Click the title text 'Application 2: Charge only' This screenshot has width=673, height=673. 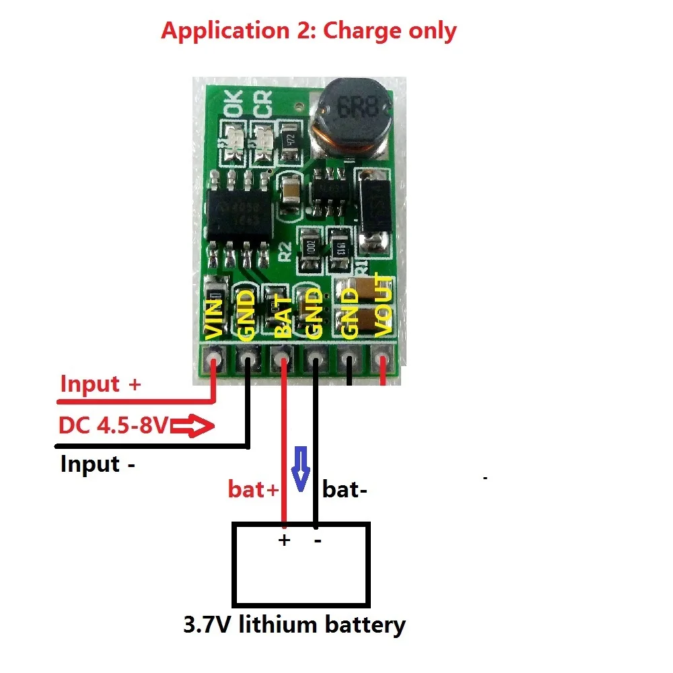(x=308, y=31)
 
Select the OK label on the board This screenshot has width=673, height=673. (x=232, y=106)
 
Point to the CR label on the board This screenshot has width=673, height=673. (x=263, y=106)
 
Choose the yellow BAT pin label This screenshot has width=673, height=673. (x=283, y=316)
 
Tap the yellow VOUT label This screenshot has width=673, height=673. (x=382, y=305)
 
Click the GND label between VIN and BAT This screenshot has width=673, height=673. (x=247, y=313)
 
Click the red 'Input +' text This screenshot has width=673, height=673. (x=101, y=384)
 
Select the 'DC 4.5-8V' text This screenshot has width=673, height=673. (x=115, y=426)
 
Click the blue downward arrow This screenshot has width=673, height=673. (x=301, y=468)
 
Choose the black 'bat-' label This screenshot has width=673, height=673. (x=345, y=490)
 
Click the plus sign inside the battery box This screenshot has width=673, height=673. (x=284, y=540)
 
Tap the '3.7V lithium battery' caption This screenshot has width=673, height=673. (x=294, y=625)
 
